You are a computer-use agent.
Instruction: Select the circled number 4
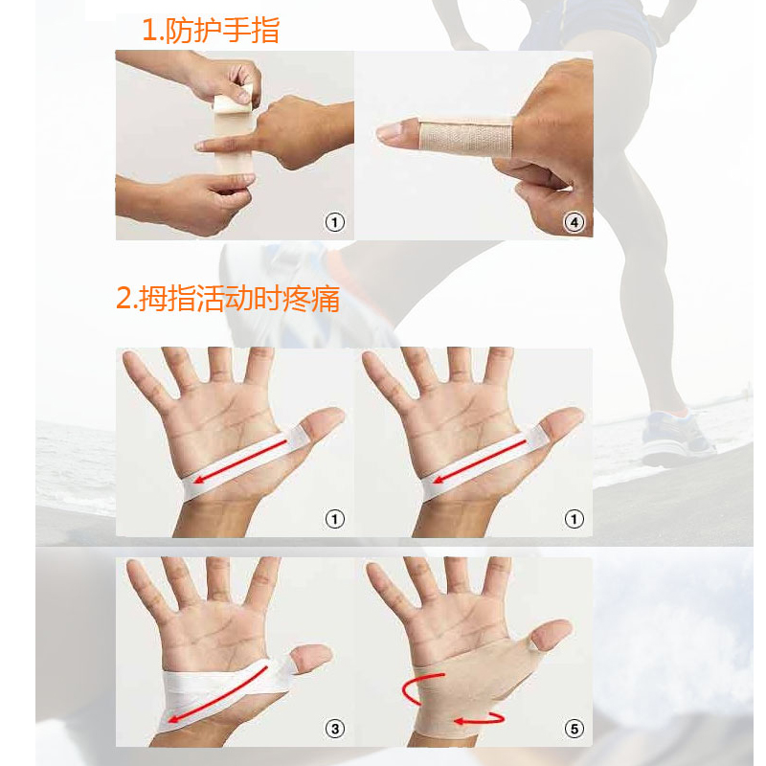(x=574, y=222)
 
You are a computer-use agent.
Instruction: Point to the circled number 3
(x=334, y=729)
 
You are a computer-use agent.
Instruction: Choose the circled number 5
(x=574, y=729)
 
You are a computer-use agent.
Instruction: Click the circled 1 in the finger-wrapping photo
(x=334, y=222)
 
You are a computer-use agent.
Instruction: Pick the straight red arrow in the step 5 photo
(x=479, y=718)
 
